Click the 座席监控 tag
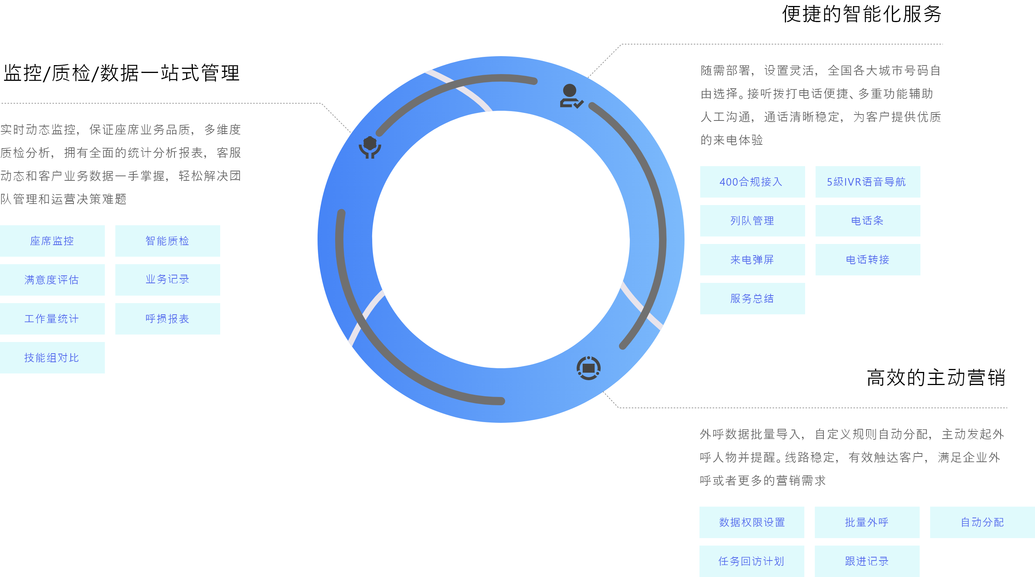(52, 241)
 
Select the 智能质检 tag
(167, 241)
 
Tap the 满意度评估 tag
(52, 280)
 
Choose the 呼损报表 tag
(167, 319)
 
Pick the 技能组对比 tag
(52, 358)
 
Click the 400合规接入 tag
(753, 182)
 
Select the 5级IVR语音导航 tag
(868, 182)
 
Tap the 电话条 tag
(868, 221)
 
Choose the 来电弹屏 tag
(753, 260)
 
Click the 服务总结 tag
(753, 299)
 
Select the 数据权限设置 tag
(752, 522)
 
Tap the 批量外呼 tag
(867, 522)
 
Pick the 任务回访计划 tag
(752, 561)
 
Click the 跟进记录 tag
(867, 561)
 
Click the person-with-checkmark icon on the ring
(571, 97)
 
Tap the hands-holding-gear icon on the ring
(370, 147)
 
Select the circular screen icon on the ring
(589, 368)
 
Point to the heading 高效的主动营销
(936, 378)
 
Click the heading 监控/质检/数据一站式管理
(121, 73)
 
